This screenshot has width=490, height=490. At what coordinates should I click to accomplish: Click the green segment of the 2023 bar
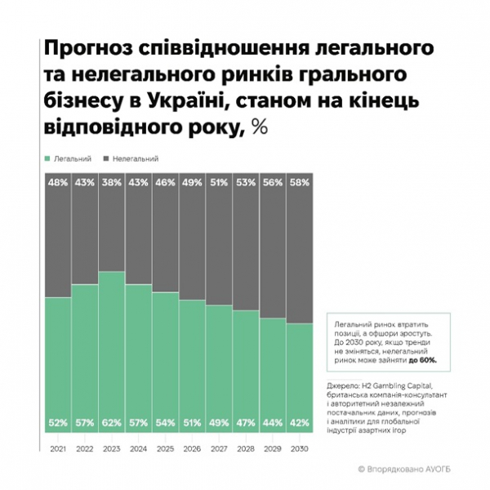coord(112,351)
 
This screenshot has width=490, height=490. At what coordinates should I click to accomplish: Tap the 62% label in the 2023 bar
coord(112,423)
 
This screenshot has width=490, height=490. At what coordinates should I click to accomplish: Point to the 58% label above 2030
coord(300,184)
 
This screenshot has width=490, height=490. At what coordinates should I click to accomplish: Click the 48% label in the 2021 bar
coord(57,184)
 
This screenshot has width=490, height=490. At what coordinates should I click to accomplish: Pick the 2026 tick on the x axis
coord(192,449)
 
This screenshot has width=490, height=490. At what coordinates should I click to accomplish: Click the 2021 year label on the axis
coord(57,449)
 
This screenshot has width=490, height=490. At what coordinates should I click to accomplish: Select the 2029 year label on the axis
coord(273,449)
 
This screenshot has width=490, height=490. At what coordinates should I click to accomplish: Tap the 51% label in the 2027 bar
coord(219,184)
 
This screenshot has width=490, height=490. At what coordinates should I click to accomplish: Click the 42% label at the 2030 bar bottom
coord(300,423)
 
